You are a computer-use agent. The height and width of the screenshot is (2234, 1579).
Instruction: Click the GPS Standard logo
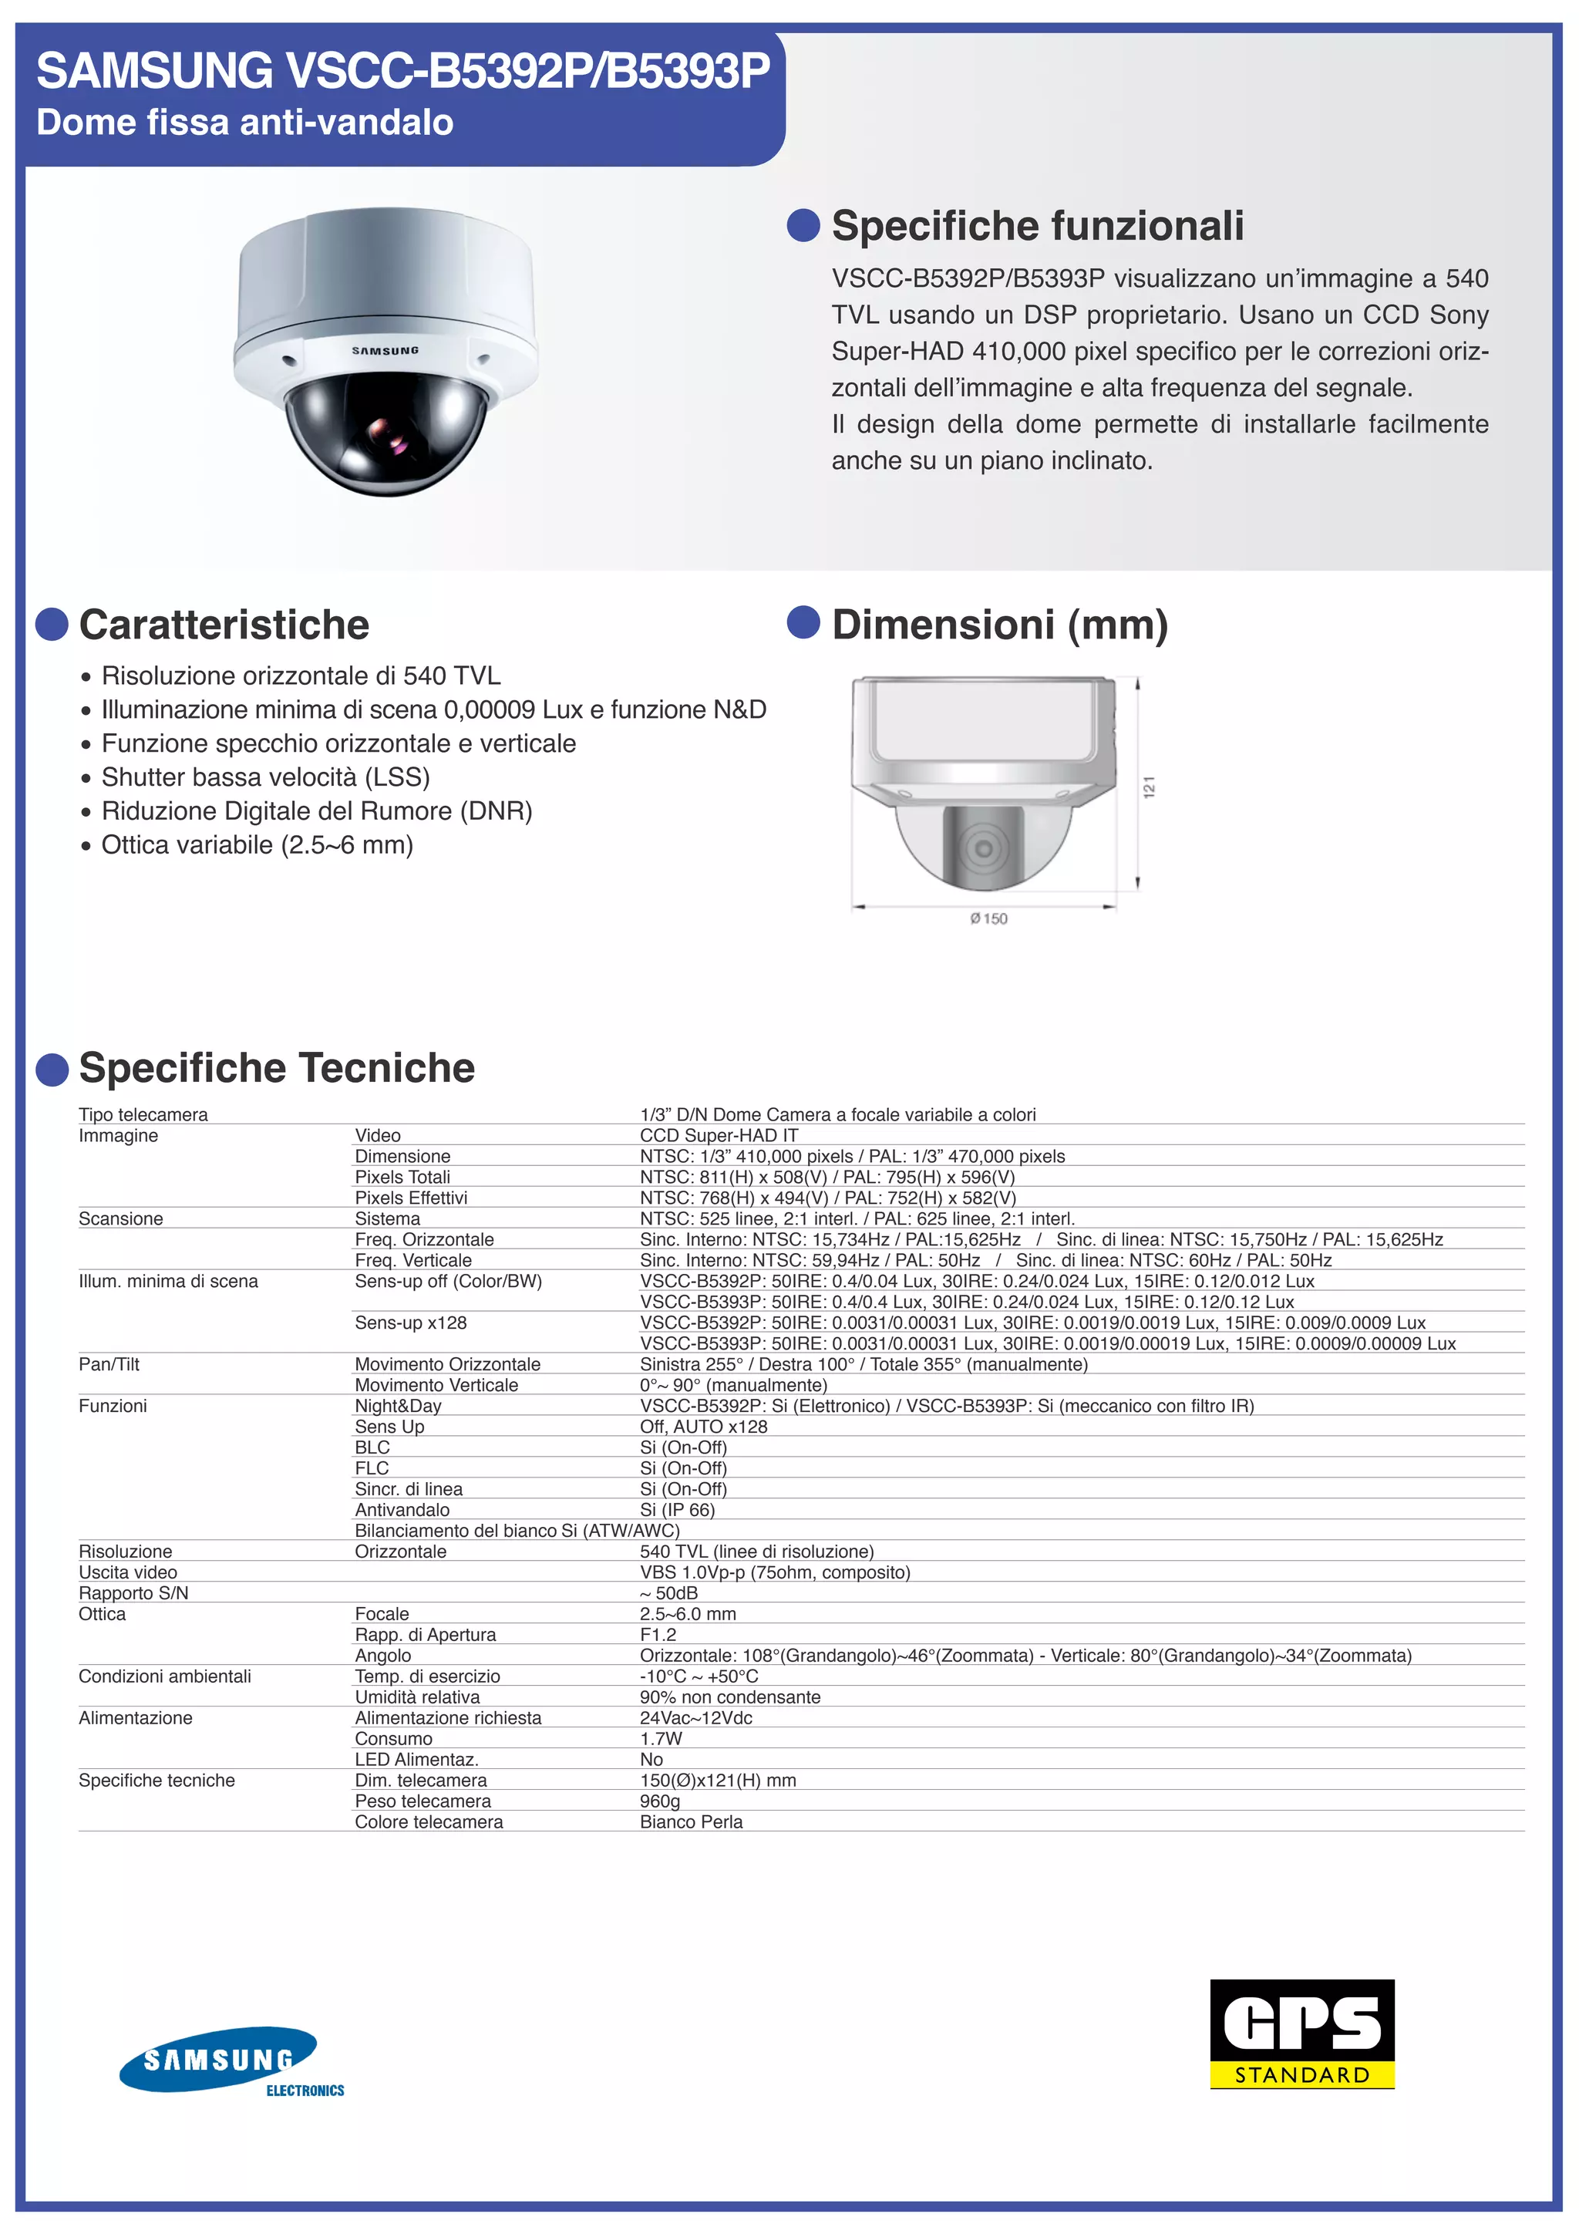tap(1301, 2034)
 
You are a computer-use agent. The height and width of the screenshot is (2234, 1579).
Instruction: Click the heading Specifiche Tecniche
tap(276, 1067)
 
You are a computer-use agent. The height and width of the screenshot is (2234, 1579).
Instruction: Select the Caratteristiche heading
tap(224, 625)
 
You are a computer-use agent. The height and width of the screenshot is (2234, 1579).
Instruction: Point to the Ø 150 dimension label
tap(988, 918)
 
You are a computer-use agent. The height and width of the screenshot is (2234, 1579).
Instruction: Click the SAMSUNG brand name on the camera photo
tap(385, 350)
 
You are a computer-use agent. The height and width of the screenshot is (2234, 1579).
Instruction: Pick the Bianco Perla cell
tap(691, 1821)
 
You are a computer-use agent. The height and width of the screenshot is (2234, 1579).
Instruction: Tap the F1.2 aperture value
tap(658, 1635)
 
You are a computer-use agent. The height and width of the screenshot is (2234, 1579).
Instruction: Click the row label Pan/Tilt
tap(109, 1364)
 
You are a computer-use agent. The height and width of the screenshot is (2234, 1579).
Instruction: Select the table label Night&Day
tap(398, 1406)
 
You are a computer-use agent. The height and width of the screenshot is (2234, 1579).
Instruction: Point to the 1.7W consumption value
tap(662, 1739)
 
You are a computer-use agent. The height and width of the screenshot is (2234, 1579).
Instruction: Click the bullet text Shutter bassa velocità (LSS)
tap(265, 777)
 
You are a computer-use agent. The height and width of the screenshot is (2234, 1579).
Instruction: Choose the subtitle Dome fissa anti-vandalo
tap(245, 123)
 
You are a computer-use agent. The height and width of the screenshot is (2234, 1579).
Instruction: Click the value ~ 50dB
tap(669, 1593)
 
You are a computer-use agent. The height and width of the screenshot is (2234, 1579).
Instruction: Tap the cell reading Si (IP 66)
tap(677, 1510)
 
